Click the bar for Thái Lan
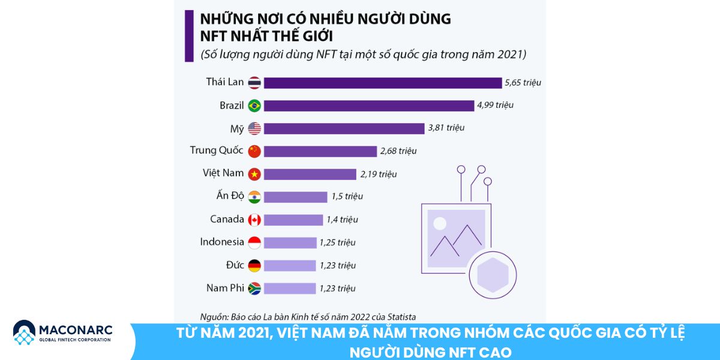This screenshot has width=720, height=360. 382,83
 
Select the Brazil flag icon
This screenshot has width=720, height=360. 254,106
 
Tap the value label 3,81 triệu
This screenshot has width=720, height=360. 446,128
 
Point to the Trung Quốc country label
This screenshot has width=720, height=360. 217,151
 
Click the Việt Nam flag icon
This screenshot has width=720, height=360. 254,174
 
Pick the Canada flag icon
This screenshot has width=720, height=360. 254,220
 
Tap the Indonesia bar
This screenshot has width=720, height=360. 290,242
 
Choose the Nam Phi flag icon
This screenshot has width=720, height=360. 254,289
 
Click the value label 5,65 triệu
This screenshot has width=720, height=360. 523,83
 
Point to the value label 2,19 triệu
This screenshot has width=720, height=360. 379,174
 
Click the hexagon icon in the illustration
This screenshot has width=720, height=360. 492,274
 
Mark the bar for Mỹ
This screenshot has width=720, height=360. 344,128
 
